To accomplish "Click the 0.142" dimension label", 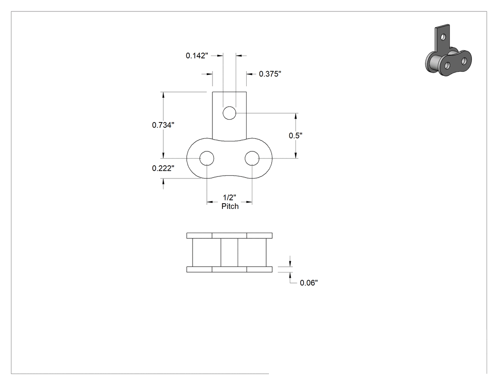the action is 197,56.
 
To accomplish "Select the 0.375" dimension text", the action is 270,74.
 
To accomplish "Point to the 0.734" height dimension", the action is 163,125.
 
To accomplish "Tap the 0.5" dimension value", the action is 295,135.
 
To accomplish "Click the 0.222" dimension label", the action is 163,168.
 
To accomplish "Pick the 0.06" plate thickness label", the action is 309,282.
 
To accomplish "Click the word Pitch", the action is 230,207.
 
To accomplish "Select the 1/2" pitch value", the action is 229,197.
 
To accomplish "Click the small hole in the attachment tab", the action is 229,113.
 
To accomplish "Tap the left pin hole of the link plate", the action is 207,158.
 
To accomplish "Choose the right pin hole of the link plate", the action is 252,158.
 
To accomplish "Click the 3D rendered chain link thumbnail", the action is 448,50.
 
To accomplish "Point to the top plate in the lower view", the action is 229,235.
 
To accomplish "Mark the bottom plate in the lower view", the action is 229,269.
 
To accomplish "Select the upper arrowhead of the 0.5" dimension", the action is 296,116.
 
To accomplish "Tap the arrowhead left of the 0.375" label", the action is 250,74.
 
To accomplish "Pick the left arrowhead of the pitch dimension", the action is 210,202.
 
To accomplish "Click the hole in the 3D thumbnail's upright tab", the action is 443,37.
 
